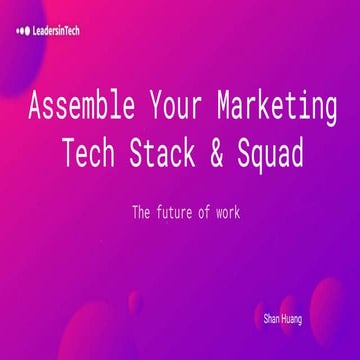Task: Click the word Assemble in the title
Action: [82, 105]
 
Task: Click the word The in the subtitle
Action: [140, 212]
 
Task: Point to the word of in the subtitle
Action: [214, 212]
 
